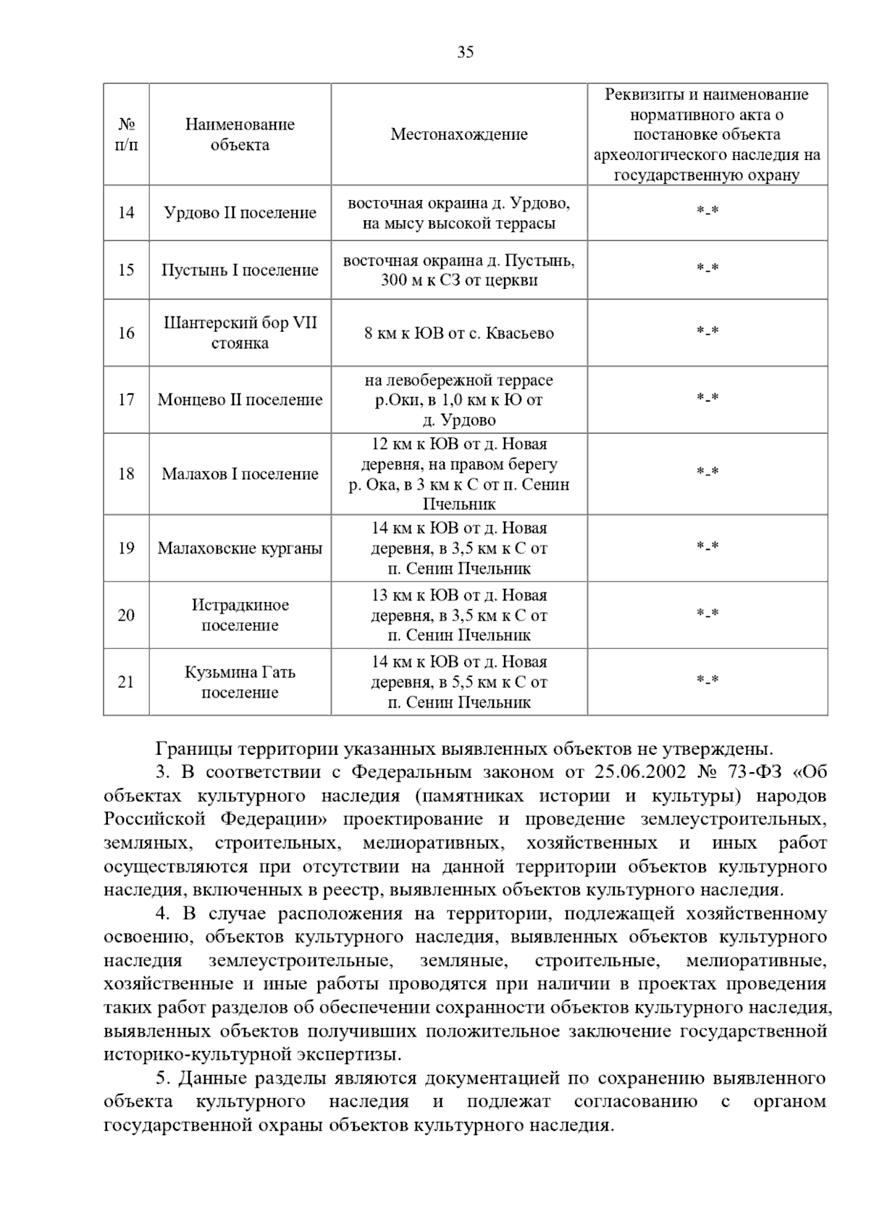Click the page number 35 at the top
(x=466, y=52)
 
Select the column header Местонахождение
(x=459, y=134)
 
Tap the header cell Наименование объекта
(x=240, y=134)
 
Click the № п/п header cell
(x=126, y=134)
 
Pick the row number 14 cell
(x=126, y=213)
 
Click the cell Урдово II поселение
(x=240, y=213)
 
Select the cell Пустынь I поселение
(x=240, y=270)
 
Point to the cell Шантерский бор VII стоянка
(x=240, y=332)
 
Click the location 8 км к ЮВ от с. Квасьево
(x=459, y=333)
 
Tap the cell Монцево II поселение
(x=240, y=400)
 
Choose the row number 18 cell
(x=126, y=474)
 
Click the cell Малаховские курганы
(x=240, y=548)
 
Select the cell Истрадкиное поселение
(x=240, y=615)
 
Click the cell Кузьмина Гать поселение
(x=240, y=682)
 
